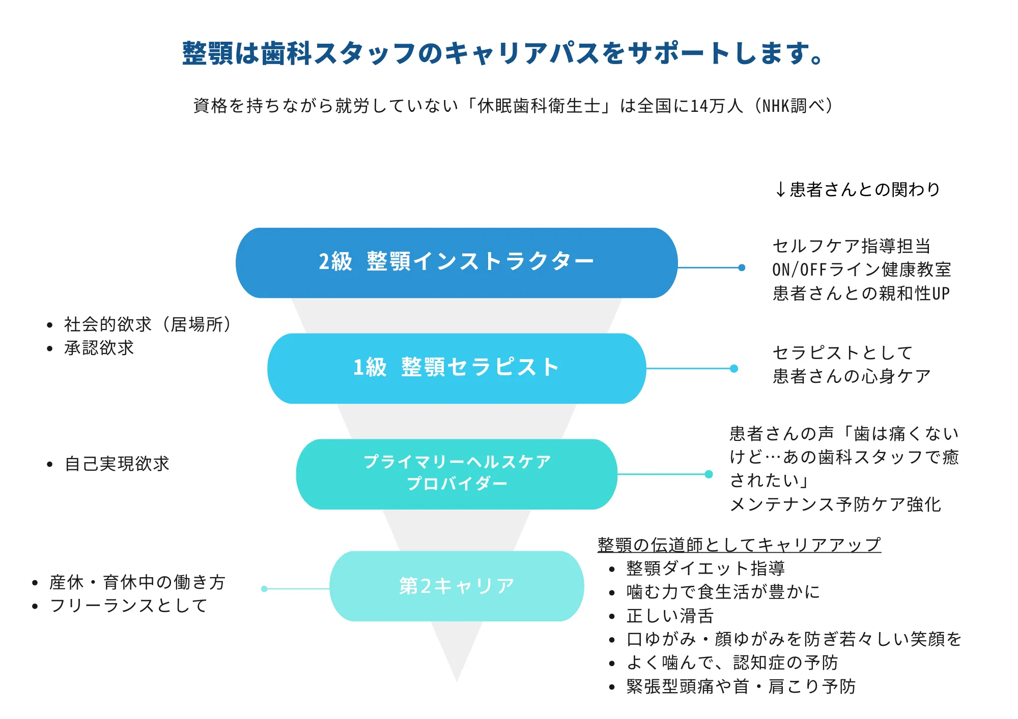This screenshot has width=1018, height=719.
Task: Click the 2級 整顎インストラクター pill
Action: pos(457,262)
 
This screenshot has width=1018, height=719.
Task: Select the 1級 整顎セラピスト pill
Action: pos(457,368)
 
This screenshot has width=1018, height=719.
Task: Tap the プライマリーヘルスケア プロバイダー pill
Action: pos(457,474)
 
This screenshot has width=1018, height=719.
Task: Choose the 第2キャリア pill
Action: pos(457,586)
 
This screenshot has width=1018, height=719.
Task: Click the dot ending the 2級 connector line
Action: pos(742,267)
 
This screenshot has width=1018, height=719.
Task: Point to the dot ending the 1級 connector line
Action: pos(734,369)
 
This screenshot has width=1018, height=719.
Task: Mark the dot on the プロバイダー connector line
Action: pos(709,474)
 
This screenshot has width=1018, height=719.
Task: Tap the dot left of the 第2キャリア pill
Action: pos(264,589)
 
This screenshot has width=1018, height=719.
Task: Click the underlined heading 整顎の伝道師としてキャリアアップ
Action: pos(739,545)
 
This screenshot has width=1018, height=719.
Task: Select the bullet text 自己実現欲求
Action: pos(117,464)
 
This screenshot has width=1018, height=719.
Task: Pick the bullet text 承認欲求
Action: pos(99,348)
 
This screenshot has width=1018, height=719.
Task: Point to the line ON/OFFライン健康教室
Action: pos(861,269)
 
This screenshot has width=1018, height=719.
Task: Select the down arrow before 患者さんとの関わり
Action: pos(780,190)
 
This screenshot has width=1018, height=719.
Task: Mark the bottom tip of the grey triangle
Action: pos(457,682)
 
